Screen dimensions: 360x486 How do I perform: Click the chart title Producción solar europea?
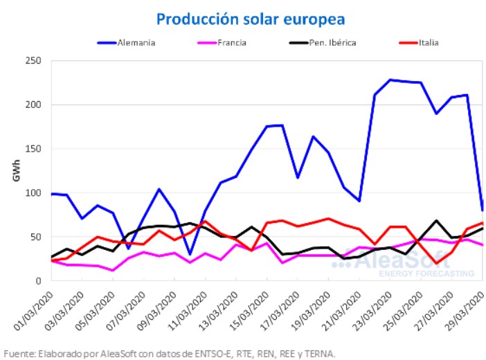250,17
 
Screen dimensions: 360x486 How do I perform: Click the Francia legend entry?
231,42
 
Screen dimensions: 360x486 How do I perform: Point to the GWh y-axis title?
17,171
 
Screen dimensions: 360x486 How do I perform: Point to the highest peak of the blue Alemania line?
390,80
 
